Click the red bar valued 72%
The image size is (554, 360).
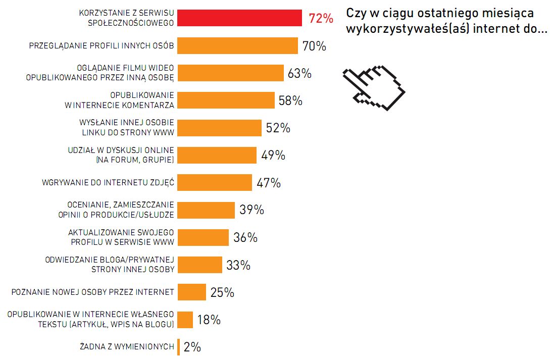[x=240, y=18]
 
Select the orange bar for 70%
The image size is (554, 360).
[x=238, y=46]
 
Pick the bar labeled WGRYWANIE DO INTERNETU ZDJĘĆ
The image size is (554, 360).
[x=215, y=182]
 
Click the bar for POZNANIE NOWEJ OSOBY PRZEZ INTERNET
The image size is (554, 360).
[x=192, y=292]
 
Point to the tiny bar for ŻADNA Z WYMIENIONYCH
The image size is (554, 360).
[x=178, y=347]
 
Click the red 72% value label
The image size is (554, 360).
[x=321, y=19]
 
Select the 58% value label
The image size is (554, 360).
[x=290, y=100]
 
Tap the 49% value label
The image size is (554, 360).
[x=273, y=156]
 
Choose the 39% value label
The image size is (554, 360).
[x=251, y=210]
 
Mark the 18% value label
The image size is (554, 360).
[x=209, y=320]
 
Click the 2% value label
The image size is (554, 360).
[x=192, y=347]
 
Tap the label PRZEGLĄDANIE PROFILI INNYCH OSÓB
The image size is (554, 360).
[x=102, y=46]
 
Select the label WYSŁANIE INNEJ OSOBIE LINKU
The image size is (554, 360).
[x=127, y=128]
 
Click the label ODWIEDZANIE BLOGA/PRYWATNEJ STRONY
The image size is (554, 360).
[x=110, y=265]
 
